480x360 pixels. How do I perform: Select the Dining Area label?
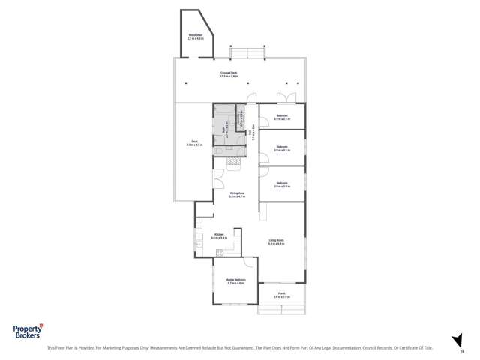point(238,194)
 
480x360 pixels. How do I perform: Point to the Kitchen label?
point(219,235)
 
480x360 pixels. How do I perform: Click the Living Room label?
point(277,241)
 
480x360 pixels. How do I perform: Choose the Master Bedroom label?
point(235,281)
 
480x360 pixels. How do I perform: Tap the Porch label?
point(281,295)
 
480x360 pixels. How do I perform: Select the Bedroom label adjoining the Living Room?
point(281,184)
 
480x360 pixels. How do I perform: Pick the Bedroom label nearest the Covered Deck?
point(281,117)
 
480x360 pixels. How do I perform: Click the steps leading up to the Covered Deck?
point(247,52)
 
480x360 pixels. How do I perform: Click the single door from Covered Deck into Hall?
point(253,98)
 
